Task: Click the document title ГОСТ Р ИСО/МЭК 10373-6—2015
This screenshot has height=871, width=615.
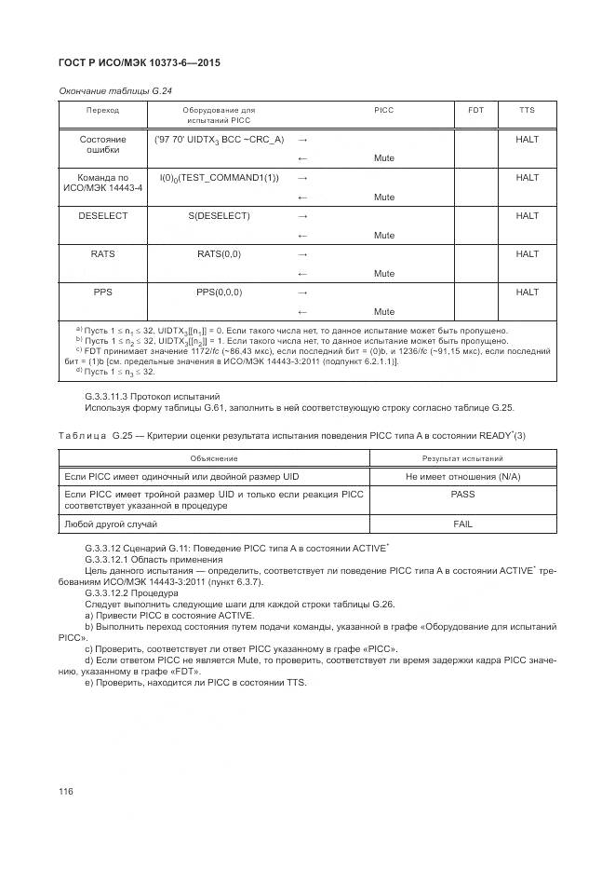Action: pyautogui.click(x=140, y=63)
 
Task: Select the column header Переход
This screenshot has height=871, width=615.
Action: pyautogui.click(x=103, y=110)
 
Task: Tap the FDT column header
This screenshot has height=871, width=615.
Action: pyautogui.click(x=475, y=110)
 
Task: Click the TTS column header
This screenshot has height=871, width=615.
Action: pyautogui.click(x=527, y=110)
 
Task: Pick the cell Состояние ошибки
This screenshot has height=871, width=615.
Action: pyautogui.click(x=103, y=144)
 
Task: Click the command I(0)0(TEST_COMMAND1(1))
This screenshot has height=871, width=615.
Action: pyautogui.click(x=219, y=177)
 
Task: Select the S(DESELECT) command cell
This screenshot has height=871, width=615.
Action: pyautogui.click(x=219, y=215)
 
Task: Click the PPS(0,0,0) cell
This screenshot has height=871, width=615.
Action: pyautogui.click(x=219, y=292)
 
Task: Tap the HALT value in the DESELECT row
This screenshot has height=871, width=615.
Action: pyautogui.click(x=527, y=215)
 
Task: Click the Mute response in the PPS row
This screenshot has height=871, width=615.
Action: pyautogui.click(x=384, y=311)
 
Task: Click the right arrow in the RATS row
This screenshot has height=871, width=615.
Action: pyautogui.click(x=301, y=253)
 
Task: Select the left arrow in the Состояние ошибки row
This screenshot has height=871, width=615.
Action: pyautogui.click(x=301, y=158)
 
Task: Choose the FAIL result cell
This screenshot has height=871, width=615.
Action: pyautogui.click(x=462, y=524)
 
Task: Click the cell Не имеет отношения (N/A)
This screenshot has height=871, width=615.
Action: pyautogui.click(x=462, y=476)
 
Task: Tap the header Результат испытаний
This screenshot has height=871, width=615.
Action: pyautogui.click(x=462, y=458)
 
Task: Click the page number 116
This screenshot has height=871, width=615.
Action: pyautogui.click(x=66, y=791)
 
